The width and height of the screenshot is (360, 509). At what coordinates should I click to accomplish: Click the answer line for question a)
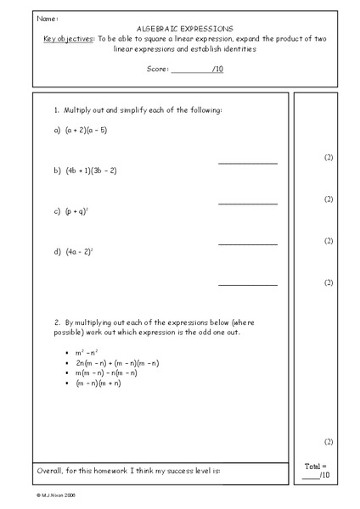pos(247,162)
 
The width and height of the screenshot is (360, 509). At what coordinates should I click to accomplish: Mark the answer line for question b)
pos(247,203)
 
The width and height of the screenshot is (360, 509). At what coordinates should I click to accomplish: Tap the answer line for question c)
pos(247,243)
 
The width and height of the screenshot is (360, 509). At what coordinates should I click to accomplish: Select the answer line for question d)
pos(247,284)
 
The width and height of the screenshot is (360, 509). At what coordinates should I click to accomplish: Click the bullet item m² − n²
pos(87,352)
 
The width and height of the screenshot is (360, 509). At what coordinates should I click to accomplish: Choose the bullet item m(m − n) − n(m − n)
pos(105,373)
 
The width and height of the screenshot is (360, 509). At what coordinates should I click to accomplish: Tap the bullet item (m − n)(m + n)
pos(98,383)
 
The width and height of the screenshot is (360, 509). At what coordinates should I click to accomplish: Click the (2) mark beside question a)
pos(329,158)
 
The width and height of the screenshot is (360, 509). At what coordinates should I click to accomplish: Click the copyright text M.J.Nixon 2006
pos(59,493)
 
